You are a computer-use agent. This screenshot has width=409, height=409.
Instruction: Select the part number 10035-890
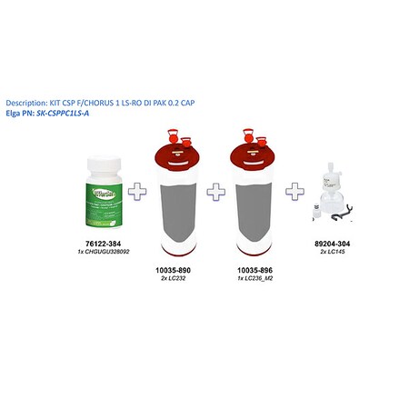point(178,273)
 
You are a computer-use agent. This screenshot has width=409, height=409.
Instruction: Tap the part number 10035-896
point(255,273)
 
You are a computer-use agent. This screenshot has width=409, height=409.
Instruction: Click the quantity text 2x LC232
point(178,280)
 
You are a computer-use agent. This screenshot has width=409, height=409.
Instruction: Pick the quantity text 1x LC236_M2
point(255,280)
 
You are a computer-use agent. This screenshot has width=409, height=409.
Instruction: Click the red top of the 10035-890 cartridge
point(178,154)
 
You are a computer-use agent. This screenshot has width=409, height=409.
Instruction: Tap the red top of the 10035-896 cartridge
point(255,154)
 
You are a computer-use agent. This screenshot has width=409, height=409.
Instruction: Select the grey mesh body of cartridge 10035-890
point(178,209)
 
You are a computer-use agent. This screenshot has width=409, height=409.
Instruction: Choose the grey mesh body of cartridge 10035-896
point(255,209)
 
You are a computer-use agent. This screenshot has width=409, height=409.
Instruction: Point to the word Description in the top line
point(27,102)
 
